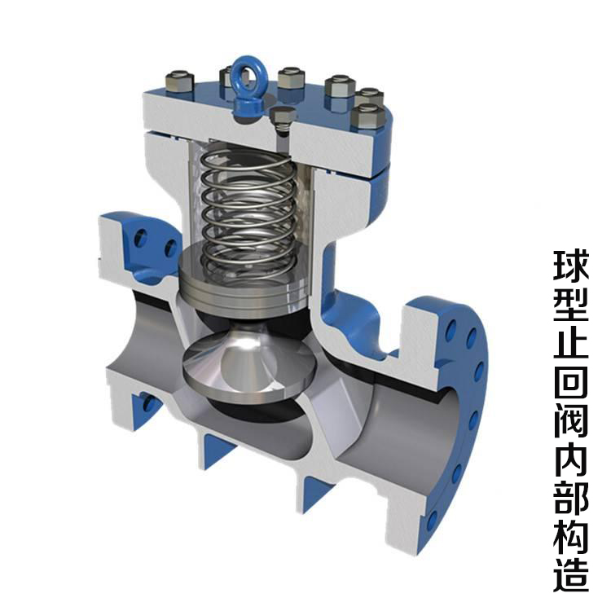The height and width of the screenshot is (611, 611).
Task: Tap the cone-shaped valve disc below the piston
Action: tap(249, 364)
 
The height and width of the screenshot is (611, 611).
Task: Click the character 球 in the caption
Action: tap(571, 266)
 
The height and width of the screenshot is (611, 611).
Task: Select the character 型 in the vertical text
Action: tap(571, 305)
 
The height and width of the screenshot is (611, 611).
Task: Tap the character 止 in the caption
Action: tap(571, 343)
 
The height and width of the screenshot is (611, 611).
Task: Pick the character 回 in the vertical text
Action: tap(571, 382)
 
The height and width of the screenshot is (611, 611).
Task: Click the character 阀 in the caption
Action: tap(571, 421)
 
